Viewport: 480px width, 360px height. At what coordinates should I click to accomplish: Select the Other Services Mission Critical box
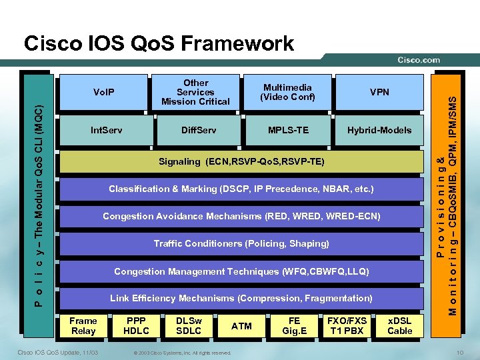(x=195, y=92)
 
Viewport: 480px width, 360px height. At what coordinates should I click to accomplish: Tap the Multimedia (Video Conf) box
(x=287, y=92)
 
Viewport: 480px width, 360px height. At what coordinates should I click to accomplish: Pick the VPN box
(x=379, y=92)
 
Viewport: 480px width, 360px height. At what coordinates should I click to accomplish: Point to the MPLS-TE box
(x=287, y=130)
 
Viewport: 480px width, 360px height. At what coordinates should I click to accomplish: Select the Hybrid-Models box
(x=379, y=130)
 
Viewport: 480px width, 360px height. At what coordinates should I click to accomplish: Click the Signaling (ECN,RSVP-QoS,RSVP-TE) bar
(x=241, y=161)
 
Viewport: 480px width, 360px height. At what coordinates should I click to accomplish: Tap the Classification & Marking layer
(x=241, y=189)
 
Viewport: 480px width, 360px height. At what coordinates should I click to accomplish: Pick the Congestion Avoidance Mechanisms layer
(x=241, y=217)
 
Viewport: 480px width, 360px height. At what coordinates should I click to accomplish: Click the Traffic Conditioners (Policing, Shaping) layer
(x=241, y=244)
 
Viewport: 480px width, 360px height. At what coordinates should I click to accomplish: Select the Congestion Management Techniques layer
(x=241, y=271)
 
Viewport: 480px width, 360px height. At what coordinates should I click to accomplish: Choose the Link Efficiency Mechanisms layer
(x=241, y=298)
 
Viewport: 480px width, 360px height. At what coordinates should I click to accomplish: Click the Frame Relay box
(x=83, y=326)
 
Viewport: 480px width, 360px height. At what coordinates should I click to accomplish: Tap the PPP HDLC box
(x=137, y=326)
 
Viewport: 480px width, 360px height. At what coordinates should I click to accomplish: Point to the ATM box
(x=241, y=326)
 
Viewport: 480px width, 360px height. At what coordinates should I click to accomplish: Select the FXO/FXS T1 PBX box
(x=347, y=326)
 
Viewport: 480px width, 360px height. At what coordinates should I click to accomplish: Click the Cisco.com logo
(x=419, y=60)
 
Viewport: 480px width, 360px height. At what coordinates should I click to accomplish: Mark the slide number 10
(x=460, y=353)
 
